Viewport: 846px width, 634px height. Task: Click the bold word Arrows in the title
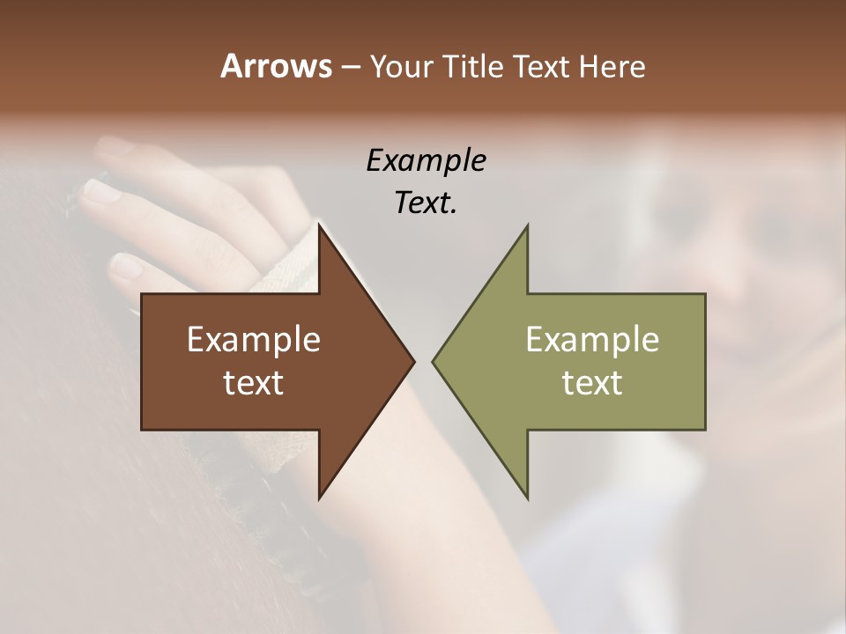coord(275,66)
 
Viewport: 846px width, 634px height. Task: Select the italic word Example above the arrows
coord(426,161)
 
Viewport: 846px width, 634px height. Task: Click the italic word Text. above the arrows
coord(426,203)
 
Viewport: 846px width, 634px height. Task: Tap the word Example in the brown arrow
coord(254,340)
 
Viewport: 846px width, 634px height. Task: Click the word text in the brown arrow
coord(254,383)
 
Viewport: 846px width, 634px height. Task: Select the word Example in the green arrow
coord(592,340)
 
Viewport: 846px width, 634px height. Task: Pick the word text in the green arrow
coord(592,383)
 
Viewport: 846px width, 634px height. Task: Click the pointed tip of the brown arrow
coord(413,361)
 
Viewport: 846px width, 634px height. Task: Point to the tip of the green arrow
coord(434,361)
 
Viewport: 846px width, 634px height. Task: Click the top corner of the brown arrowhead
coord(319,225)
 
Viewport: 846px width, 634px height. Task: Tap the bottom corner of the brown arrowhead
coord(319,498)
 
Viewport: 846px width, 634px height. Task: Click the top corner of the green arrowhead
coord(527,225)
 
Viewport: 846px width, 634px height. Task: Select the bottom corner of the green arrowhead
coord(527,498)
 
